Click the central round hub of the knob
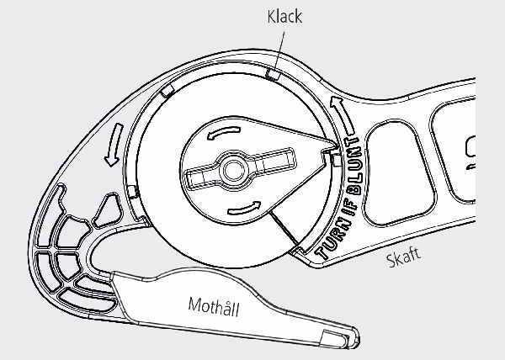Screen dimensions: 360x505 pos(232,169)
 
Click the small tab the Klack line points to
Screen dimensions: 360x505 pos(272,74)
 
